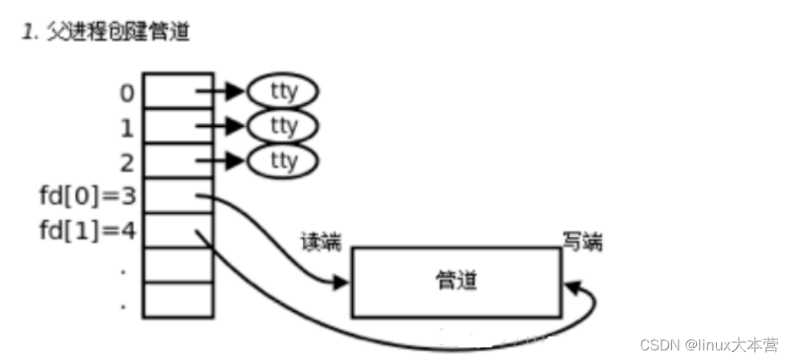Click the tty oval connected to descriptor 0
point(284,92)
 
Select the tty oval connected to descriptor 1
point(284,126)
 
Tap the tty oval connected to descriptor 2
point(284,162)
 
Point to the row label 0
point(127,92)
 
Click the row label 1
point(127,127)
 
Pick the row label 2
point(127,162)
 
